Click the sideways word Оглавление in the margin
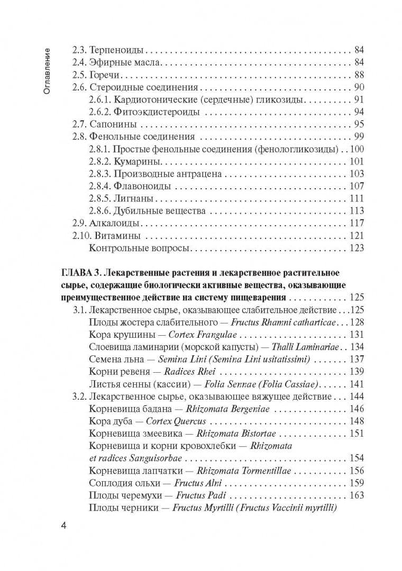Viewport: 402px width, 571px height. (x=47, y=71)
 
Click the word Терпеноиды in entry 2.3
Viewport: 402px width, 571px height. (x=116, y=51)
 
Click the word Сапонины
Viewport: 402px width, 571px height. (x=113, y=125)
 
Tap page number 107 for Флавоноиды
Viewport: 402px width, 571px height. (x=357, y=186)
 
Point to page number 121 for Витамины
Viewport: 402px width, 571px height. (x=357, y=236)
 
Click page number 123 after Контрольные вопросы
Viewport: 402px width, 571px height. (x=357, y=248)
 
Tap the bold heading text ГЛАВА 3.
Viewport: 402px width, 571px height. (x=81, y=273)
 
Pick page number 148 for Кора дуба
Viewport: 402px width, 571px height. (x=357, y=421)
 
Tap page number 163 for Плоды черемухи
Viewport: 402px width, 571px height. (x=357, y=496)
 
